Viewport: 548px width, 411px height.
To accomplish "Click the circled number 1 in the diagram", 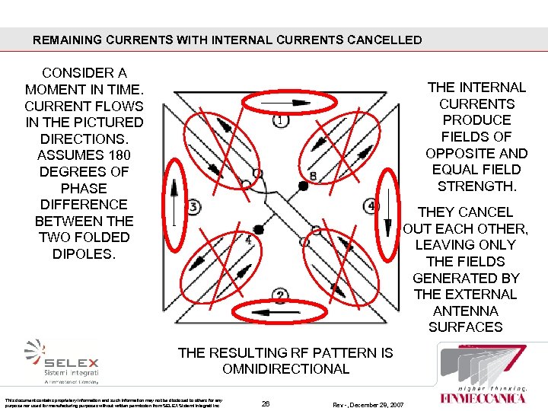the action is [x=281, y=120].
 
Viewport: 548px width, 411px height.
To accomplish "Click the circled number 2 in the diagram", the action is [x=281, y=295].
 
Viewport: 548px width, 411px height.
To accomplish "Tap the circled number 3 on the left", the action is [x=193, y=207].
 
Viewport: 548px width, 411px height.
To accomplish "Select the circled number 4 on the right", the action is [x=372, y=206].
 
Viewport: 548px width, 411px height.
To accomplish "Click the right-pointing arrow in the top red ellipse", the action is [x=281, y=102].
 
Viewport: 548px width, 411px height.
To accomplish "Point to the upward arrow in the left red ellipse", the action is [x=174, y=204].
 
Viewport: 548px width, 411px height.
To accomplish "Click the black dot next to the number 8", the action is [x=303, y=185].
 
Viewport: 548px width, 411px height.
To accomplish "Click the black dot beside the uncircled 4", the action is [x=258, y=229].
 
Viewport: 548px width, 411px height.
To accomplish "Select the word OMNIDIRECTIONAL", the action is [x=285, y=369].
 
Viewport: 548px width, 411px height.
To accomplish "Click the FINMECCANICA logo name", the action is [x=483, y=397].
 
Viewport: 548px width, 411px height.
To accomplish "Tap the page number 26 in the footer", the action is [x=265, y=403].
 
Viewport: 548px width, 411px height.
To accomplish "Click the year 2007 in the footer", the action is [x=393, y=403].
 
